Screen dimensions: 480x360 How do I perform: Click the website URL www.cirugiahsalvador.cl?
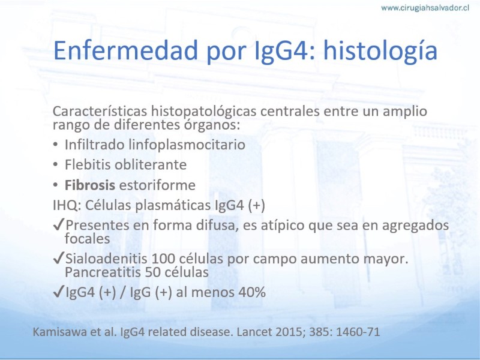click(425, 8)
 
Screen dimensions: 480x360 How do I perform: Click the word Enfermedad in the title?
click(125, 50)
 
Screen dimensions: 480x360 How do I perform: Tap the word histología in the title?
click(380, 51)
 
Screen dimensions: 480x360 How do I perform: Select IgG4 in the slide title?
click(281, 51)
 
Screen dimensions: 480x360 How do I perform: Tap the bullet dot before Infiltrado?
click(55, 145)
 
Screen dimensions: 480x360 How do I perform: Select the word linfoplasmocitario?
click(187, 145)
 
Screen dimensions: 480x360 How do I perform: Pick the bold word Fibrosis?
click(89, 185)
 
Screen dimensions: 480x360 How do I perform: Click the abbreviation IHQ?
click(67, 205)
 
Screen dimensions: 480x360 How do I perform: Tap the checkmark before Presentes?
click(58, 224)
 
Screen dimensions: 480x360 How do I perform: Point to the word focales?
click(87, 238)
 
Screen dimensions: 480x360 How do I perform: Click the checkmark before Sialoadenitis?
click(58, 258)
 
